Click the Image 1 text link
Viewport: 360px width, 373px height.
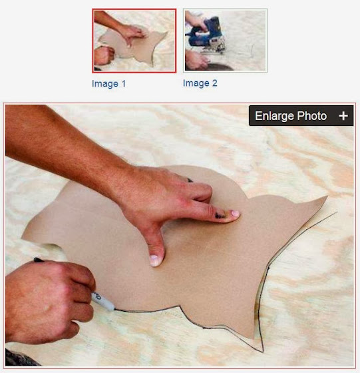(x=108, y=84)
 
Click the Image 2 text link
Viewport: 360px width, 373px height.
(x=200, y=83)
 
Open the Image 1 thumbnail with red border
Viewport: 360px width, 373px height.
(x=134, y=41)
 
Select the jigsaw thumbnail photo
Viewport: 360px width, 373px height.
(x=225, y=40)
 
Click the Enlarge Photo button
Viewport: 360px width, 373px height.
(x=301, y=116)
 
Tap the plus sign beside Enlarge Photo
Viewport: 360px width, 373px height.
(x=343, y=116)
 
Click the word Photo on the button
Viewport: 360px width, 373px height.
(x=312, y=116)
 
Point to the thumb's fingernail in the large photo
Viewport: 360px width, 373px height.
(x=154, y=260)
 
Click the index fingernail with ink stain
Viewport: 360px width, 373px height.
(x=234, y=213)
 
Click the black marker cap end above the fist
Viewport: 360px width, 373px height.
(x=38, y=260)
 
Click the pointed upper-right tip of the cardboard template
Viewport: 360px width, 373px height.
(x=327, y=196)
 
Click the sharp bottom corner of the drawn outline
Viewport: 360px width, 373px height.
(x=263, y=352)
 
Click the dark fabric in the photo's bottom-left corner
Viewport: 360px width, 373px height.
(x=20, y=358)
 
